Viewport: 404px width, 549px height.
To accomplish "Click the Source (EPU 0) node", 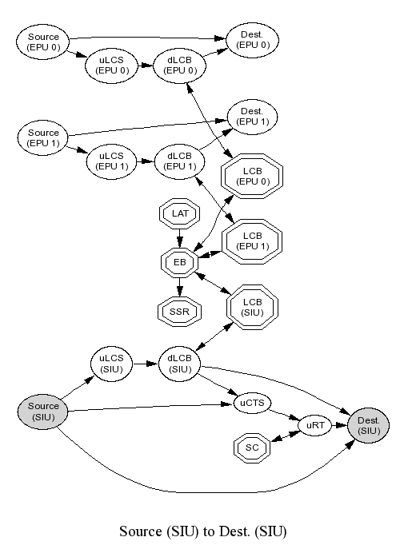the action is (42, 42).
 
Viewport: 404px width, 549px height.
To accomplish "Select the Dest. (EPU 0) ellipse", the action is (253, 40).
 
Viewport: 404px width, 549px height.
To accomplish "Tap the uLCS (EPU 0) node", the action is (112, 66).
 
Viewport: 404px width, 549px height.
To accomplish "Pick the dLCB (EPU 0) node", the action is (180, 66).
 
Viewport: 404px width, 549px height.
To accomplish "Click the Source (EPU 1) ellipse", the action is (42, 138).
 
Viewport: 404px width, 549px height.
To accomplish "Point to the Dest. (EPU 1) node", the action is (253, 117).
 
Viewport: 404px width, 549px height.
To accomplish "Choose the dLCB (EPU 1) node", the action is (180, 161).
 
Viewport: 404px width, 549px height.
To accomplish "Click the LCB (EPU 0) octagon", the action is (252, 177).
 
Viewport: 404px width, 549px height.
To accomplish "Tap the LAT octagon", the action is (180, 213).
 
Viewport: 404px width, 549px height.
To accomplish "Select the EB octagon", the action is (179, 262).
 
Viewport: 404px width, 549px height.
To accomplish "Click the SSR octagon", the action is (179, 312).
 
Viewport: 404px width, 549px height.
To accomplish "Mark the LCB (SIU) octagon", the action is (252, 308).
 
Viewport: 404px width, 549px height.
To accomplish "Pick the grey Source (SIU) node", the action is (42, 412).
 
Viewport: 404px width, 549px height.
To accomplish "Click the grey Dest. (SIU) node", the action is (369, 425).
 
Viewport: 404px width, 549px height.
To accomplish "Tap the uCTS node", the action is (252, 403).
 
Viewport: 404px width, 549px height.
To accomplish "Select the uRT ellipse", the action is (315, 425).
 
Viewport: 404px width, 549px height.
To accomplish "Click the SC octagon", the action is (252, 448).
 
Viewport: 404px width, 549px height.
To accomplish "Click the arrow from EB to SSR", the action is (180, 287).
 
